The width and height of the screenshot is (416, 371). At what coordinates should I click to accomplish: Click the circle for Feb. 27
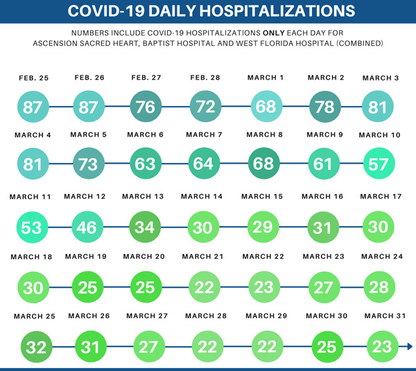click(146, 107)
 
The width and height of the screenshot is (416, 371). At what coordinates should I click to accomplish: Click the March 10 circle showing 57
click(379, 165)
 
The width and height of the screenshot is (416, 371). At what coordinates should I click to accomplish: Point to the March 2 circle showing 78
click(324, 107)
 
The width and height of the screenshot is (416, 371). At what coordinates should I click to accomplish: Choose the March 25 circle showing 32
click(36, 346)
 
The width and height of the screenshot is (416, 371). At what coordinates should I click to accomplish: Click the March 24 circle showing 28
click(379, 286)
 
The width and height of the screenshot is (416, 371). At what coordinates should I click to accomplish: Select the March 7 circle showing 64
click(205, 165)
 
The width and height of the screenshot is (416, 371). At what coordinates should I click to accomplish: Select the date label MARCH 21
click(205, 257)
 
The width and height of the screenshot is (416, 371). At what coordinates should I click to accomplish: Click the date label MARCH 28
click(207, 316)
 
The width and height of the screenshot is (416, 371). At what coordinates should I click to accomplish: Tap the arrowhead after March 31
click(410, 346)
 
